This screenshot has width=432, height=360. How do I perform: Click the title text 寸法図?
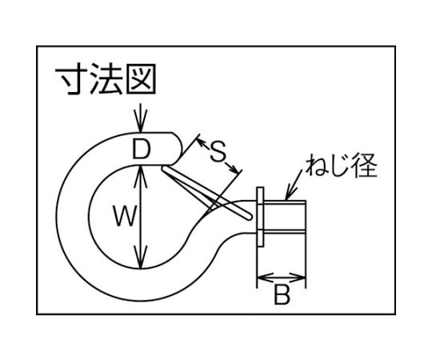pos(106,79)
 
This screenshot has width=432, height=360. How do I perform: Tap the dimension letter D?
pos(142,149)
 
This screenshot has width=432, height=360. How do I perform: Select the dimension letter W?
pos(125,217)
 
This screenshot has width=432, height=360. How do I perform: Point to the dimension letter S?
pos(218,151)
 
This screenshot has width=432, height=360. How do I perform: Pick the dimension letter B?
pos(282,294)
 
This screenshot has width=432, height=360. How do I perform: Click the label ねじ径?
pos(342,166)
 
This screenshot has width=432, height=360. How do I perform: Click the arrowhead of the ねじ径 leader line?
pos(290,193)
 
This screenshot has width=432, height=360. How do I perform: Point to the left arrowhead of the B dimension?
pos(266,278)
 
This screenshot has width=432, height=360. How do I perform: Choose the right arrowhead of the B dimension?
pos(297,278)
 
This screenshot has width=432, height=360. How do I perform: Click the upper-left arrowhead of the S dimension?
pos(202,143)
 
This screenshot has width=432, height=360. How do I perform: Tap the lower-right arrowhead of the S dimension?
pos(233,168)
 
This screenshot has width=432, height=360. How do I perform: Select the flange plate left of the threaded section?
pos(260,217)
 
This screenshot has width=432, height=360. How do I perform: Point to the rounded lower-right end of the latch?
pos(248,216)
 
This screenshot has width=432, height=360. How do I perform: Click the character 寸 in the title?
pos(72,79)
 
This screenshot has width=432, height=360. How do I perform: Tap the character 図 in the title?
pos(141,79)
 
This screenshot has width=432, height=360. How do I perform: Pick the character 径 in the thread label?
pos(366,166)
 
